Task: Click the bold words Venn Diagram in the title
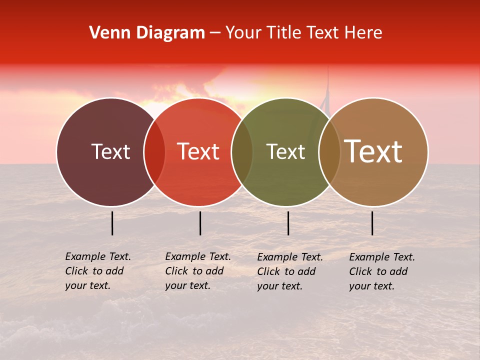coord(147,33)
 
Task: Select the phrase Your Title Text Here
coord(303,33)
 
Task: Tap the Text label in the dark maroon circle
coord(110,152)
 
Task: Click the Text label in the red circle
coord(198,152)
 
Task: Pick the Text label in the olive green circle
coord(285,152)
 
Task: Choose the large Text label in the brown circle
coord(373,151)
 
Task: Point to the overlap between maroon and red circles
coord(154,152)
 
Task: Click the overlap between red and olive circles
coord(242,152)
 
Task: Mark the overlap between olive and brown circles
coord(329,152)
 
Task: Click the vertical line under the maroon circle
coord(112,223)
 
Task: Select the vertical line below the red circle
coord(200,223)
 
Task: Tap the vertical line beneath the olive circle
coord(288,223)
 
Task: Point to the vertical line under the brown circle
coord(372,223)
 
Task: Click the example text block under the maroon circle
coord(98,271)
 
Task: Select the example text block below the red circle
coord(198,271)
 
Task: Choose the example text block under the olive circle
coord(290,271)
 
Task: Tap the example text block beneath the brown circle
coord(382,271)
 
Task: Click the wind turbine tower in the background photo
coord(328,90)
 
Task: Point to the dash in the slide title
coord(215,33)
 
